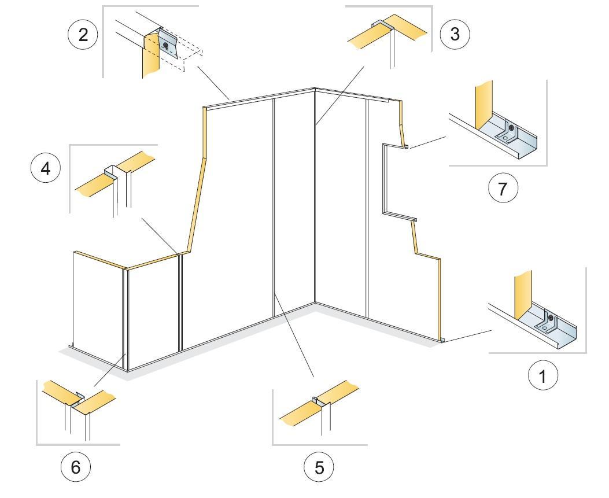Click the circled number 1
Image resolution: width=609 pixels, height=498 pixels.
(x=542, y=376)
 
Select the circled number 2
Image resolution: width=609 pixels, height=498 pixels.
(x=83, y=35)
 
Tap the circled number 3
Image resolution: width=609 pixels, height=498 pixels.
(x=455, y=34)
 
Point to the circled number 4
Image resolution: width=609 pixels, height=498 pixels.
(x=45, y=169)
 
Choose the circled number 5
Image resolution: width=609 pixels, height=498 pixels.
(x=320, y=467)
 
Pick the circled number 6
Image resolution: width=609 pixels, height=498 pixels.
(x=76, y=467)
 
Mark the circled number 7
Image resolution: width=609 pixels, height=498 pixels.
(x=503, y=189)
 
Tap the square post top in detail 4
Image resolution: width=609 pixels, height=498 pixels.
(x=112, y=171)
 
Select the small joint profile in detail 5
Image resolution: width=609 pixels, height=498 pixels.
(x=316, y=400)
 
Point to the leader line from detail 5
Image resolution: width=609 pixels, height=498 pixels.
(x=295, y=335)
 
